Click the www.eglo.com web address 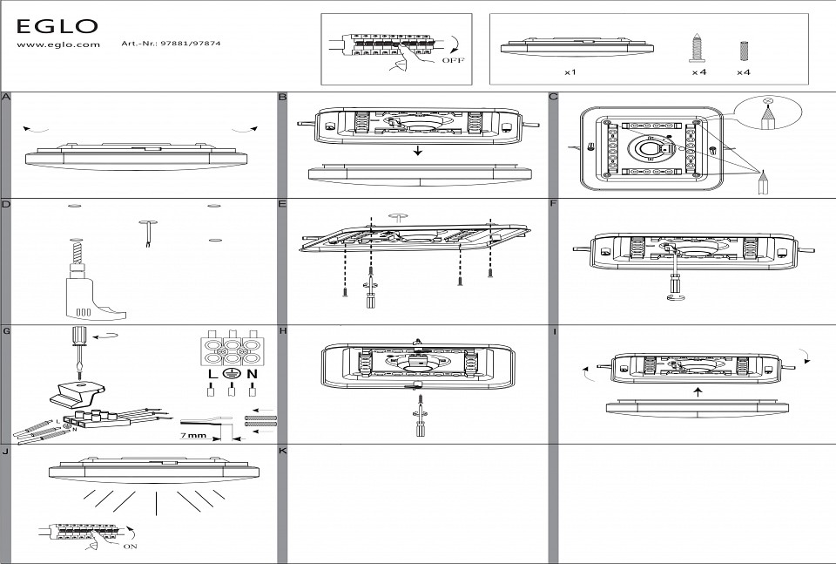point(58,44)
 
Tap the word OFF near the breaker point(453,61)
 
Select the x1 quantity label point(570,72)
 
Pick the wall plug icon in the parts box point(743,49)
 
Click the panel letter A point(6,97)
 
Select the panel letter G point(6,331)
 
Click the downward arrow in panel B point(419,151)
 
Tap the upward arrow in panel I point(698,391)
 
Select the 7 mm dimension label point(194,433)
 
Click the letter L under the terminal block point(212,374)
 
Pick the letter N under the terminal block point(253,374)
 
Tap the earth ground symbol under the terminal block point(232,374)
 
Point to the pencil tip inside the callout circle point(767,113)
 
